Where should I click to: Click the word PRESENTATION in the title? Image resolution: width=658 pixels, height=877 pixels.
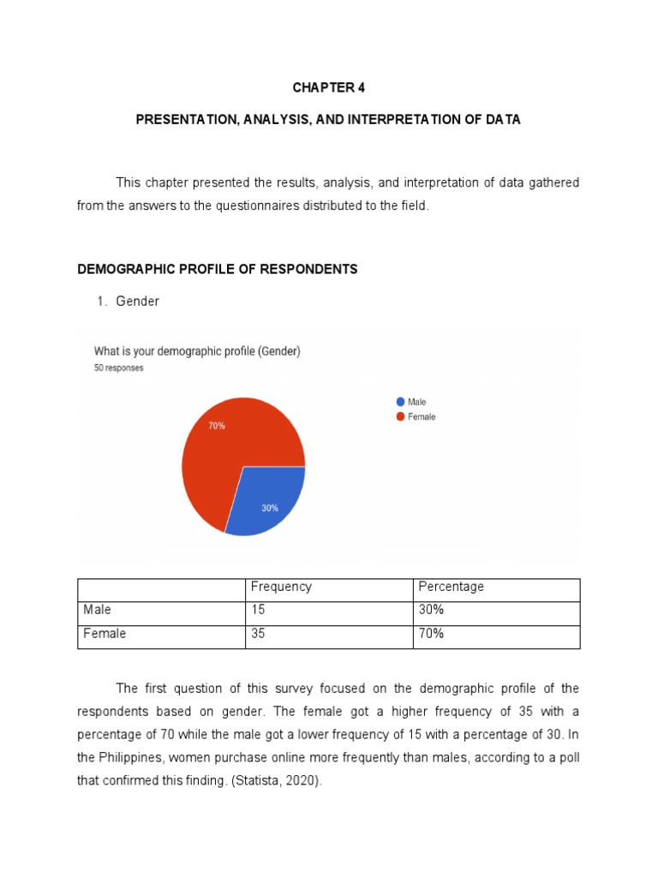176,120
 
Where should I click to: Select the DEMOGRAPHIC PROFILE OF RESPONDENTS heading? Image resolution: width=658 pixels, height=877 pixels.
217,269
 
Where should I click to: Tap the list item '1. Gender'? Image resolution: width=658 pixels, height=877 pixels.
137,301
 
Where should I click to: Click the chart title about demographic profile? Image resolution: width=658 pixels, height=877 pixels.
197,351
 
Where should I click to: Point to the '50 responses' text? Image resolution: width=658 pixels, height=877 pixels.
118,367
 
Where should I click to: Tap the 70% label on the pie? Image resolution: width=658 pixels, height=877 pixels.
217,426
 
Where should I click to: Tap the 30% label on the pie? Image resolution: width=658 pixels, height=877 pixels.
269,508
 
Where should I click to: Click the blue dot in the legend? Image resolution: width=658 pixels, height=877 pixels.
400,402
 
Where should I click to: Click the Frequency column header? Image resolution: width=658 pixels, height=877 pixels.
281,587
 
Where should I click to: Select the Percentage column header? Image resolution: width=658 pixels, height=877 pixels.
451,587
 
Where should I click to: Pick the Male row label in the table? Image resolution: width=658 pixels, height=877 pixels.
97,610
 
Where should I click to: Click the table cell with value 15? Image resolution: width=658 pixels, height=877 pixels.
258,610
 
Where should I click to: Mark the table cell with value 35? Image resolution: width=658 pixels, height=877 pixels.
259,634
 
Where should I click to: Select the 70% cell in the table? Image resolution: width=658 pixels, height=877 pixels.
431,634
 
